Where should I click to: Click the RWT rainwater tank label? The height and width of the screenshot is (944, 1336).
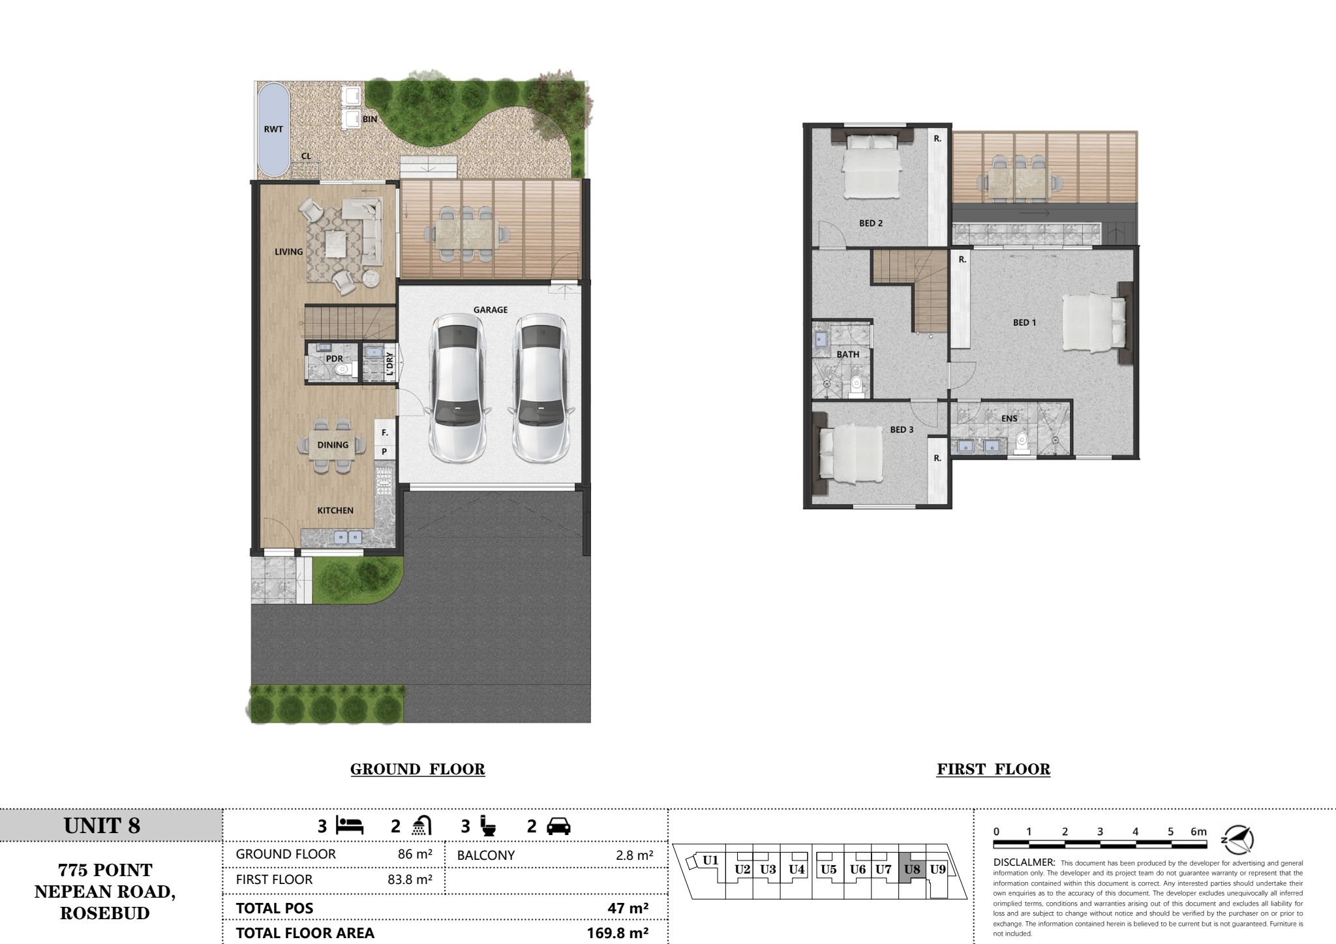[273, 129]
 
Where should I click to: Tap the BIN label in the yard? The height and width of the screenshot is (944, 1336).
[370, 119]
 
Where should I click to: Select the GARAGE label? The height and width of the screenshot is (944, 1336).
[491, 310]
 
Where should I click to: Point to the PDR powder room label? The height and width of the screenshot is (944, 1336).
[335, 359]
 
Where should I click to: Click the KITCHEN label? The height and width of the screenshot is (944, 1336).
[335, 510]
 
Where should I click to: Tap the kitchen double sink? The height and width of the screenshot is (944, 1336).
[348, 537]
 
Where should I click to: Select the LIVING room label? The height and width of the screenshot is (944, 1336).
[288, 252]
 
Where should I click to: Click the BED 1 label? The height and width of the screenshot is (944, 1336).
[1024, 322]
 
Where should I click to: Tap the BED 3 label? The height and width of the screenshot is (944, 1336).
[902, 429]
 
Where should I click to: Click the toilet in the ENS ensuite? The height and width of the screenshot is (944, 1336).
[1022, 442]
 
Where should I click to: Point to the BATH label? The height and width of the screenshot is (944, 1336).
[848, 354]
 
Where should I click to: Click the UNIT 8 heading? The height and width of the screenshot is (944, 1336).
[102, 826]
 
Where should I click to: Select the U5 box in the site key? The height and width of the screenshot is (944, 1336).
[828, 869]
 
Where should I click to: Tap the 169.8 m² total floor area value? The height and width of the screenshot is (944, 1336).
[617, 933]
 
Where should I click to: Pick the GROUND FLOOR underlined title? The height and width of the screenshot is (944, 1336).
[417, 770]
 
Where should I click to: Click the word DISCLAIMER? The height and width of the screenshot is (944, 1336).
[1024, 862]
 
